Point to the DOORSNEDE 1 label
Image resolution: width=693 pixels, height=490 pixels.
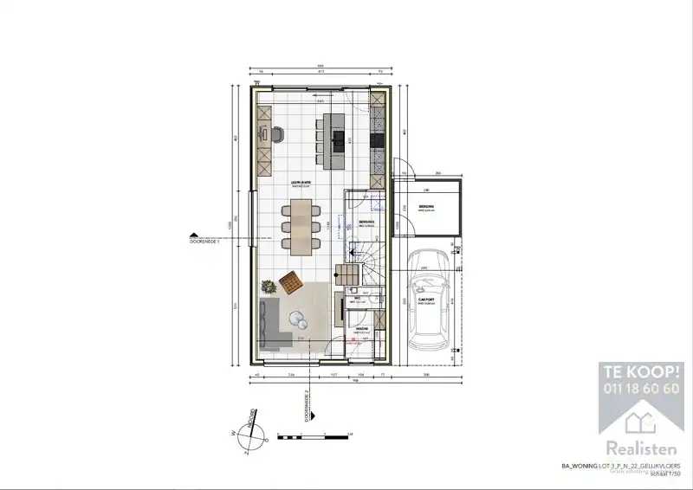pyautogui.click(x=206, y=242)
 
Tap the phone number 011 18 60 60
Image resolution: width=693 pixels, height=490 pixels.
pyautogui.click(x=641, y=389)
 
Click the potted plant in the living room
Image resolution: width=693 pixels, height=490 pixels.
pyautogui.click(x=268, y=283)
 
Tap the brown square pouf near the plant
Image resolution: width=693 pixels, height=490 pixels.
pyautogui.click(x=291, y=280)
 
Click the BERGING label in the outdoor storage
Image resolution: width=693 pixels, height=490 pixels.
pyautogui.click(x=425, y=207)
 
